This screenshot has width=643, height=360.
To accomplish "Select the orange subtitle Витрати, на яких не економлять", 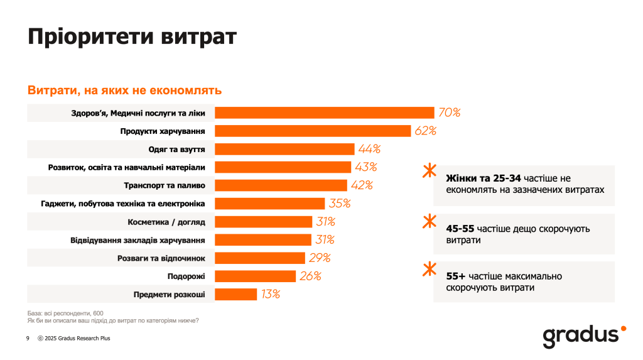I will [124, 90].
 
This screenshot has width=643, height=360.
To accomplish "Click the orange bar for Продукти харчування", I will [313, 131].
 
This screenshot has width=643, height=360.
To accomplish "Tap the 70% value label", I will [449, 112].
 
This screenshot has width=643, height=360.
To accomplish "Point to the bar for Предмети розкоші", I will [236, 294].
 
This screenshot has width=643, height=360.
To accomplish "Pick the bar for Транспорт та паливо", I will [281, 185].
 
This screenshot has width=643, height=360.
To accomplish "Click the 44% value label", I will [369, 149].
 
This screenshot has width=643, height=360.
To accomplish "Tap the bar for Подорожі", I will [255, 276].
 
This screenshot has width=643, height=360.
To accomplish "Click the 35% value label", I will [340, 204].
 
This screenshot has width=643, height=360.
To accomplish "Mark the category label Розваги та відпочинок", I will [161, 258].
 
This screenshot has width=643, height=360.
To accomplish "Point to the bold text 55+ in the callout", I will [456, 276].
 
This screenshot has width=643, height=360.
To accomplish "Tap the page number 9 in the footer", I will [28, 338].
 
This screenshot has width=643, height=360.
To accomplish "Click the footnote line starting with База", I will [65, 312].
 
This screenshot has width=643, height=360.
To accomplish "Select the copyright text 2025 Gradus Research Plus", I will [77, 338].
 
